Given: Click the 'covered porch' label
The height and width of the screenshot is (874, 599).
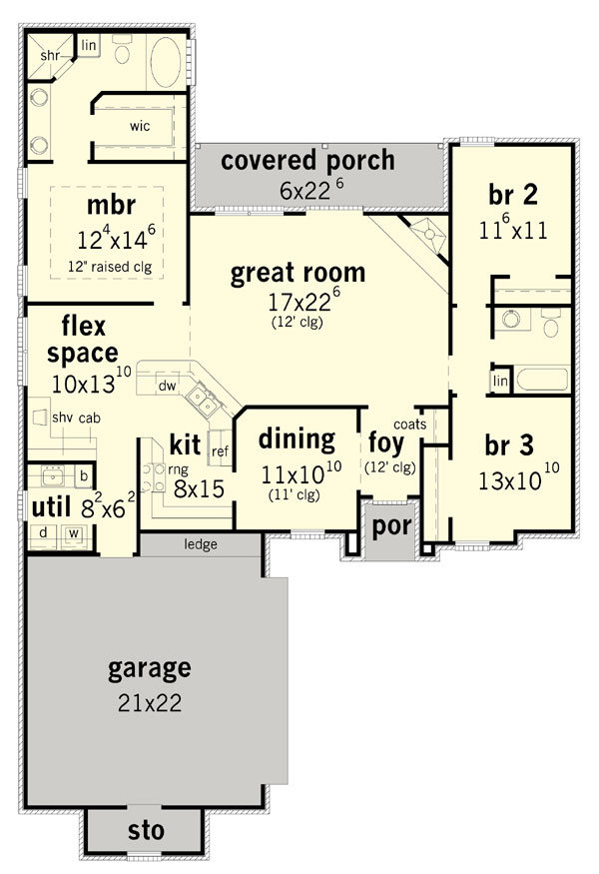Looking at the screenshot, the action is coord(307,161).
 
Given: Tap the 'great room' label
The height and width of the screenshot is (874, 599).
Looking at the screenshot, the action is coord(298,273).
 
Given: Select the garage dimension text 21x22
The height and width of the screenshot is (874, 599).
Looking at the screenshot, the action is coord(150,703).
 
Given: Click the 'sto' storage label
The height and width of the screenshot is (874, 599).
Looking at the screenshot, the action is coord(146,830).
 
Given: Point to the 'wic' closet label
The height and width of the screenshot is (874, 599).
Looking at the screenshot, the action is coord(140,126).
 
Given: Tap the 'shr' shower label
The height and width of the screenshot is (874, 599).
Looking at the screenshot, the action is coord(50,56).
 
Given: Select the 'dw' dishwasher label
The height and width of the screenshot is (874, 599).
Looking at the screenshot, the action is coord(167,386).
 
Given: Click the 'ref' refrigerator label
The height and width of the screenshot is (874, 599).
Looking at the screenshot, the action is coord(220,450).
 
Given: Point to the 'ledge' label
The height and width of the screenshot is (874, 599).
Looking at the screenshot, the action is coord(201,544).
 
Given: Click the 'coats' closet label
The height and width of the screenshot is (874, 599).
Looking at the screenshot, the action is coord(409,425).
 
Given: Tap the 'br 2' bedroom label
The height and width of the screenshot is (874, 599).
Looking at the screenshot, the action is coord(513,195).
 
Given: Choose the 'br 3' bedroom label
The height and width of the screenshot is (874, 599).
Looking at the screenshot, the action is coord(509,445).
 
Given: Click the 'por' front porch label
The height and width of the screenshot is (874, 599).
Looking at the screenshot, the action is coord(391,526).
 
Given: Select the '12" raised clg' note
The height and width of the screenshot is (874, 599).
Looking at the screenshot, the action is coord(110,267).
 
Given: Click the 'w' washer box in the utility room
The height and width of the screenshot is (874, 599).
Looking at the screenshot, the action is coord(74,534).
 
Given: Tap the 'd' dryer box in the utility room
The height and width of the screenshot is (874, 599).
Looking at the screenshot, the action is coord(43,532).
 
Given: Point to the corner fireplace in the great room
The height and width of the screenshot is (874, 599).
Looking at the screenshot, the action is coord(429,234).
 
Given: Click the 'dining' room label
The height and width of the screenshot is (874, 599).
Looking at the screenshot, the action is coord(297,439).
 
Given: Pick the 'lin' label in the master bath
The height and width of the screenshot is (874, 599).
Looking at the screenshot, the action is coord(89,45).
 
